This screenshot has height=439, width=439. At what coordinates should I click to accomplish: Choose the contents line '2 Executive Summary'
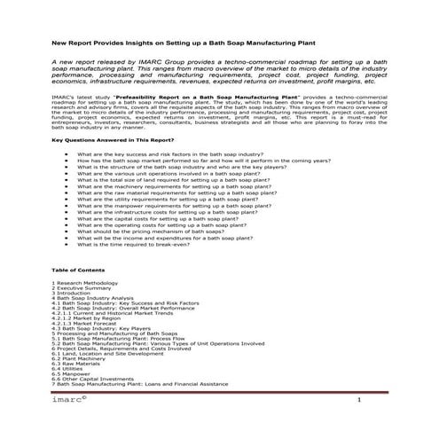(82, 288)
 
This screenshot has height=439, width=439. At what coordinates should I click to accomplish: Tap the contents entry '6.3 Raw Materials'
(76, 364)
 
